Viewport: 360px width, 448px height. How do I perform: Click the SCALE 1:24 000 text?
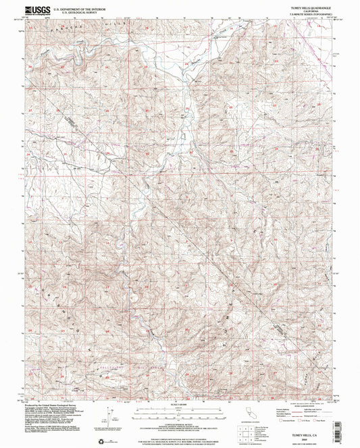pos(180,405)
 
